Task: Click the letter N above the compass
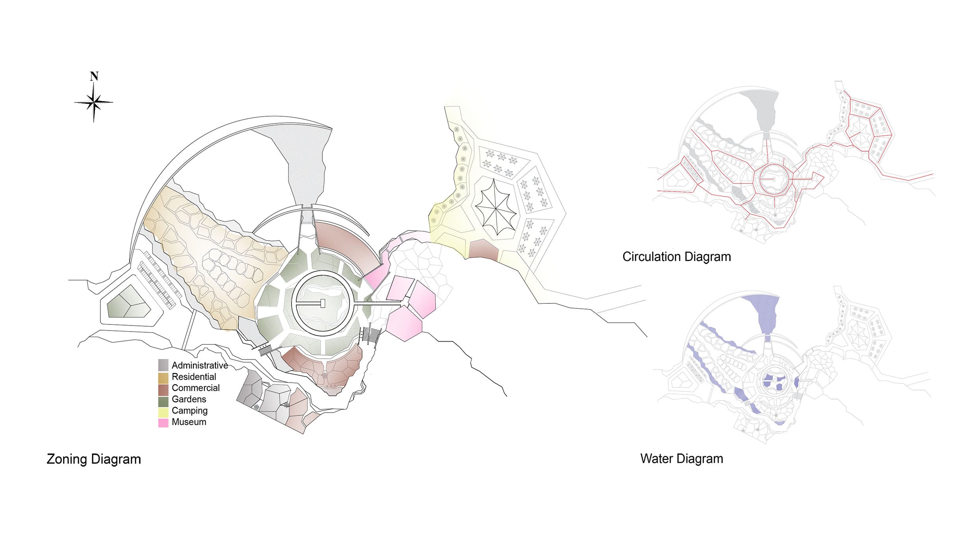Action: [94, 76]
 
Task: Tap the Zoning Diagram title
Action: [94, 459]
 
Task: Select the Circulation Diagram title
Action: [677, 257]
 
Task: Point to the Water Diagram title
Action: [682, 458]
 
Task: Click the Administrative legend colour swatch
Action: [163, 365]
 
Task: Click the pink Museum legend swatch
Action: [163, 423]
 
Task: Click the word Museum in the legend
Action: [189, 422]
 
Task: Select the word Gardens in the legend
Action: [189, 399]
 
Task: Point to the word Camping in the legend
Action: [190, 410]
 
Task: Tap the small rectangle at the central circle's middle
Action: [323, 303]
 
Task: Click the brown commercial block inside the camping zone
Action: [484, 249]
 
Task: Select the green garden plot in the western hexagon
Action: [129, 303]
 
